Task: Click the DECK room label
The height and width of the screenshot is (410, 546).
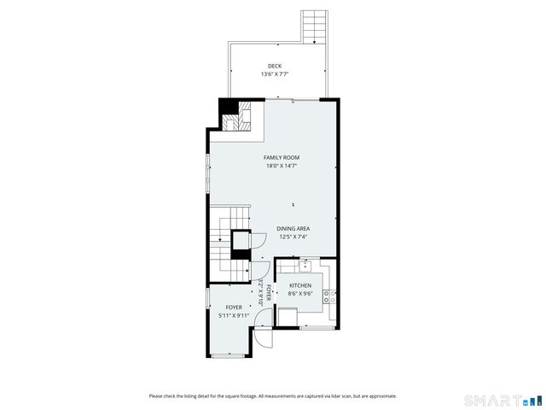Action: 274,66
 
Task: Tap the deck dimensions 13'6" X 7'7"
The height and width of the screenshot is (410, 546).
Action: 274,74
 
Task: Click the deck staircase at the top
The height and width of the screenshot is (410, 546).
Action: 315,26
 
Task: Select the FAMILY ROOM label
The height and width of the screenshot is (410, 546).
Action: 281,157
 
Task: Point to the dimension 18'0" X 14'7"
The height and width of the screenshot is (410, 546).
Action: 281,166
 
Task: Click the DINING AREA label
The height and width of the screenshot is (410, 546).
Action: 293,228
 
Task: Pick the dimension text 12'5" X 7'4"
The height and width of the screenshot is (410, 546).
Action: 293,237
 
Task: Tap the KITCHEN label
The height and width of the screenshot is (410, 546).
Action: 300,285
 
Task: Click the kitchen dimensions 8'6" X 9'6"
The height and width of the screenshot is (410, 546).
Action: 300,294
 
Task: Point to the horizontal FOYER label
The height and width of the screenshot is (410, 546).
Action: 234,307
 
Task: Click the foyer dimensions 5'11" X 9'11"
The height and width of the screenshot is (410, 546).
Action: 234,315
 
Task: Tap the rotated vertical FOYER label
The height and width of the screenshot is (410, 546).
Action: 268,293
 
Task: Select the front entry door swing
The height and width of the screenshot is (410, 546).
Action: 264,335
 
